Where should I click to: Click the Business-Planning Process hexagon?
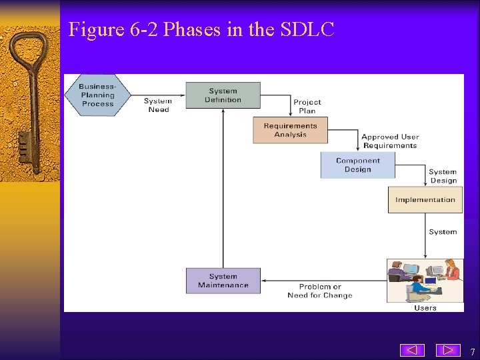[97, 95]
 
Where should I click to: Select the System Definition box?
[223, 95]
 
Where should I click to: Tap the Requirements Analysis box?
[290, 130]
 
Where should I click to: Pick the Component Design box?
[357, 165]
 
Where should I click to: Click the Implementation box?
[425, 200]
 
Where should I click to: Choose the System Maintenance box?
[223, 281]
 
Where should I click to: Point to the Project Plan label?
[307, 107]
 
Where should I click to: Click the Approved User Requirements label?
[390, 141]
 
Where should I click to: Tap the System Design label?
[443, 176]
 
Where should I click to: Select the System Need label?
[158, 105]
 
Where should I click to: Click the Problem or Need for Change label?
[320, 291]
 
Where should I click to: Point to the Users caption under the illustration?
[425, 308]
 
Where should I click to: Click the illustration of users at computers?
[425, 280]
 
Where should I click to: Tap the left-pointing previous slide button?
[412, 350]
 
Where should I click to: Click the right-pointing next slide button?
[448, 350]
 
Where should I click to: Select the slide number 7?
[472, 352]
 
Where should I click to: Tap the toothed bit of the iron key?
[25, 147]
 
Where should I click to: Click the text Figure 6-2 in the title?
[113, 29]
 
